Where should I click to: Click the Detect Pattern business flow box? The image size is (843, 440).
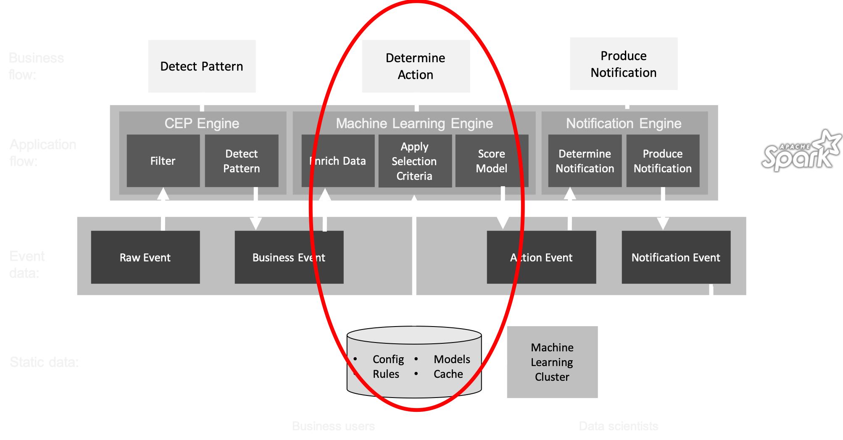point(202,66)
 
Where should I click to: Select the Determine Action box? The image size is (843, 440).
point(416,66)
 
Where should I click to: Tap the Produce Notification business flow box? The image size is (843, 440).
point(624,64)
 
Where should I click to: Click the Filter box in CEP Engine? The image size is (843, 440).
point(163,161)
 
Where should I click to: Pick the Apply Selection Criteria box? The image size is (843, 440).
point(415,161)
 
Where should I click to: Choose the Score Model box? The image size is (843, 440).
point(491,161)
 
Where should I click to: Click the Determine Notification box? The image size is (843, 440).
point(585,161)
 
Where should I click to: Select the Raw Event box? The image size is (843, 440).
point(145,257)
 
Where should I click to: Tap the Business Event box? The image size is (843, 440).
point(289,257)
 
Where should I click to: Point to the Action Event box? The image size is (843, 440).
point(541,257)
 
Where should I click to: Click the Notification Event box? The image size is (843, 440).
point(676,257)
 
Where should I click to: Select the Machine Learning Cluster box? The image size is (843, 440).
point(552,362)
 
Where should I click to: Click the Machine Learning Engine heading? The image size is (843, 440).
point(414,124)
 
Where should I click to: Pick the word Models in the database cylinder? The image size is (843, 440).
point(452,359)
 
